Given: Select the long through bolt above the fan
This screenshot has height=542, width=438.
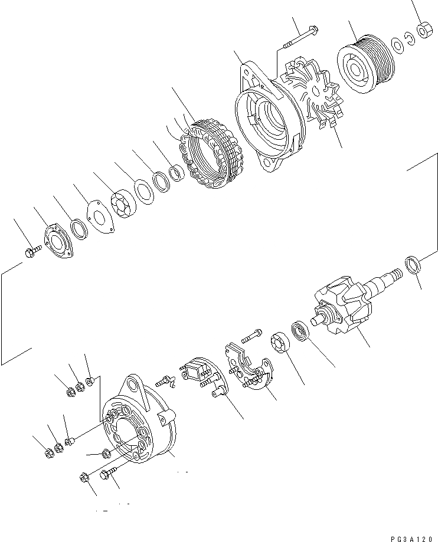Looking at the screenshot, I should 300,36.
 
